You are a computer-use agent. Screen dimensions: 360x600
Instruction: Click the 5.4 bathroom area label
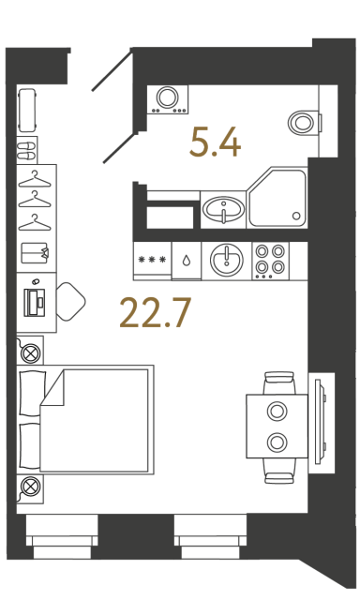tap(215, 142)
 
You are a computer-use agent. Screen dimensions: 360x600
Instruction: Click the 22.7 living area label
tap(156, 313)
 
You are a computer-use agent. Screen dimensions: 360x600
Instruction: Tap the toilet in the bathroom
tap(304, 123)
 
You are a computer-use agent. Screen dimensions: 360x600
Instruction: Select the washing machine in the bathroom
tap(168, 99)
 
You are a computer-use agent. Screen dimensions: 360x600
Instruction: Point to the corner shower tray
tap(277, 198)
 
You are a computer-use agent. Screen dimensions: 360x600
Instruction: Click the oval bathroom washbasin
tap(223, 209)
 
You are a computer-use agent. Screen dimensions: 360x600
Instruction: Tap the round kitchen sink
tap(227, 261)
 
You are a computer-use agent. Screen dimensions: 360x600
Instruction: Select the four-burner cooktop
tap(271, 261)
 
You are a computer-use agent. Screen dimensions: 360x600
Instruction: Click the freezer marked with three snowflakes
tap(153, 261)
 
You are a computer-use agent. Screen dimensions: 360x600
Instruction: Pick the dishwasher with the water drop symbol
tap(187, 261)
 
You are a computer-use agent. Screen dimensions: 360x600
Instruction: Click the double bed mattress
tap(94, 420)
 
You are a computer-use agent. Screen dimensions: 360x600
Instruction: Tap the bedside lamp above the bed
tap(31, 352)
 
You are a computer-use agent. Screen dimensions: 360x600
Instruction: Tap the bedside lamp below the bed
tap(30, 487)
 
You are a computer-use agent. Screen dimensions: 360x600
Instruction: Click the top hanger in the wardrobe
tap(35, 179)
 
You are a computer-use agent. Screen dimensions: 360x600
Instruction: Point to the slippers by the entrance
tap(27, 151)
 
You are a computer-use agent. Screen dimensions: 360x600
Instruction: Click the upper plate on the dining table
tap(277, 412)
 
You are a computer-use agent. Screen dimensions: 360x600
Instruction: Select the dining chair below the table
tap(279, 472)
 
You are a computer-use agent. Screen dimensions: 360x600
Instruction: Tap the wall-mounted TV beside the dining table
tap(321, 423)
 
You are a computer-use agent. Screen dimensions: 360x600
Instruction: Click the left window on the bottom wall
tap(62, 536)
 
